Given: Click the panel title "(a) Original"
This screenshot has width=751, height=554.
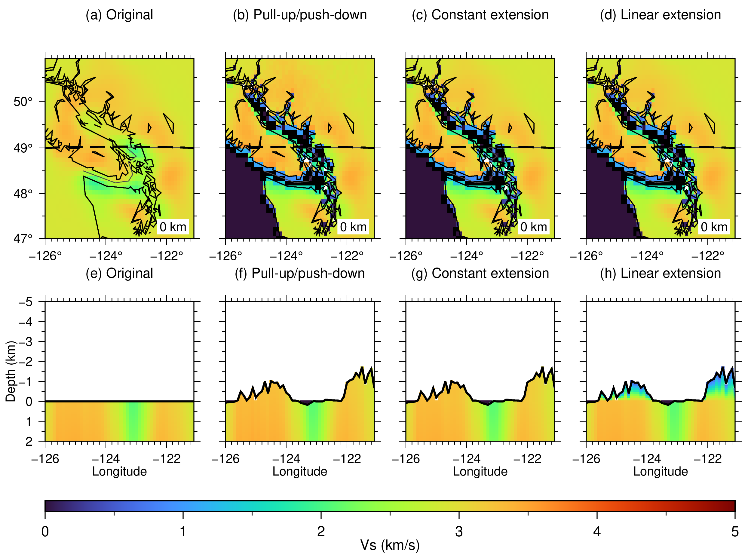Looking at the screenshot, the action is [119, 15].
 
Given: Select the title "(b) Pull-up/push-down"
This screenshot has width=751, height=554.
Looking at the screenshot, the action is [300, 15].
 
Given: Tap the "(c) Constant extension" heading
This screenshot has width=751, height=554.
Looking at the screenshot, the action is [480, 15].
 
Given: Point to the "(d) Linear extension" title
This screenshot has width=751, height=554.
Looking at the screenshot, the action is [661, 15].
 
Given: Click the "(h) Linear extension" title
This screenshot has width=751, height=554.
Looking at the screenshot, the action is [661, 274].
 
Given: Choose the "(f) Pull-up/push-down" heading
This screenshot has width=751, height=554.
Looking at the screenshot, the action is [300, 274].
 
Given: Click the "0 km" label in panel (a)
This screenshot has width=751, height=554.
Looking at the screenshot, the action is [173, 227].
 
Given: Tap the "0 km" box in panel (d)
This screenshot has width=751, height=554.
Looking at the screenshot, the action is [714, 227].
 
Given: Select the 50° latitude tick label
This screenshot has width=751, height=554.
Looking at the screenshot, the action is [23, 102].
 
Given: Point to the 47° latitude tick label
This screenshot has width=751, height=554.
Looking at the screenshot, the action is [23, 238].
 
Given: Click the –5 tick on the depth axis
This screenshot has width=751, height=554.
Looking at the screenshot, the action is [26, 302].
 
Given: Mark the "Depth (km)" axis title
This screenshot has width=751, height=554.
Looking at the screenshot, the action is [11, 371].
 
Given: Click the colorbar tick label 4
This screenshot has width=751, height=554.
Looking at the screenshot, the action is [597, 531].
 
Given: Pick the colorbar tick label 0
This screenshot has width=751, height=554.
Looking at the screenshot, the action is [45, 531].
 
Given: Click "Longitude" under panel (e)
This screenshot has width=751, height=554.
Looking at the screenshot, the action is [119, 472].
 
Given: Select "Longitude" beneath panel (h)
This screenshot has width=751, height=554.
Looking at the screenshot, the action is [661, 472].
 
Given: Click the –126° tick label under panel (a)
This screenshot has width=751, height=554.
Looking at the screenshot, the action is [45, 256].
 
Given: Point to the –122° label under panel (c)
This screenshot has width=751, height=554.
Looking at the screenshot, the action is [527, 256].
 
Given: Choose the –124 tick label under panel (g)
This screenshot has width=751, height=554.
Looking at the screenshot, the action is [467, 459].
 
